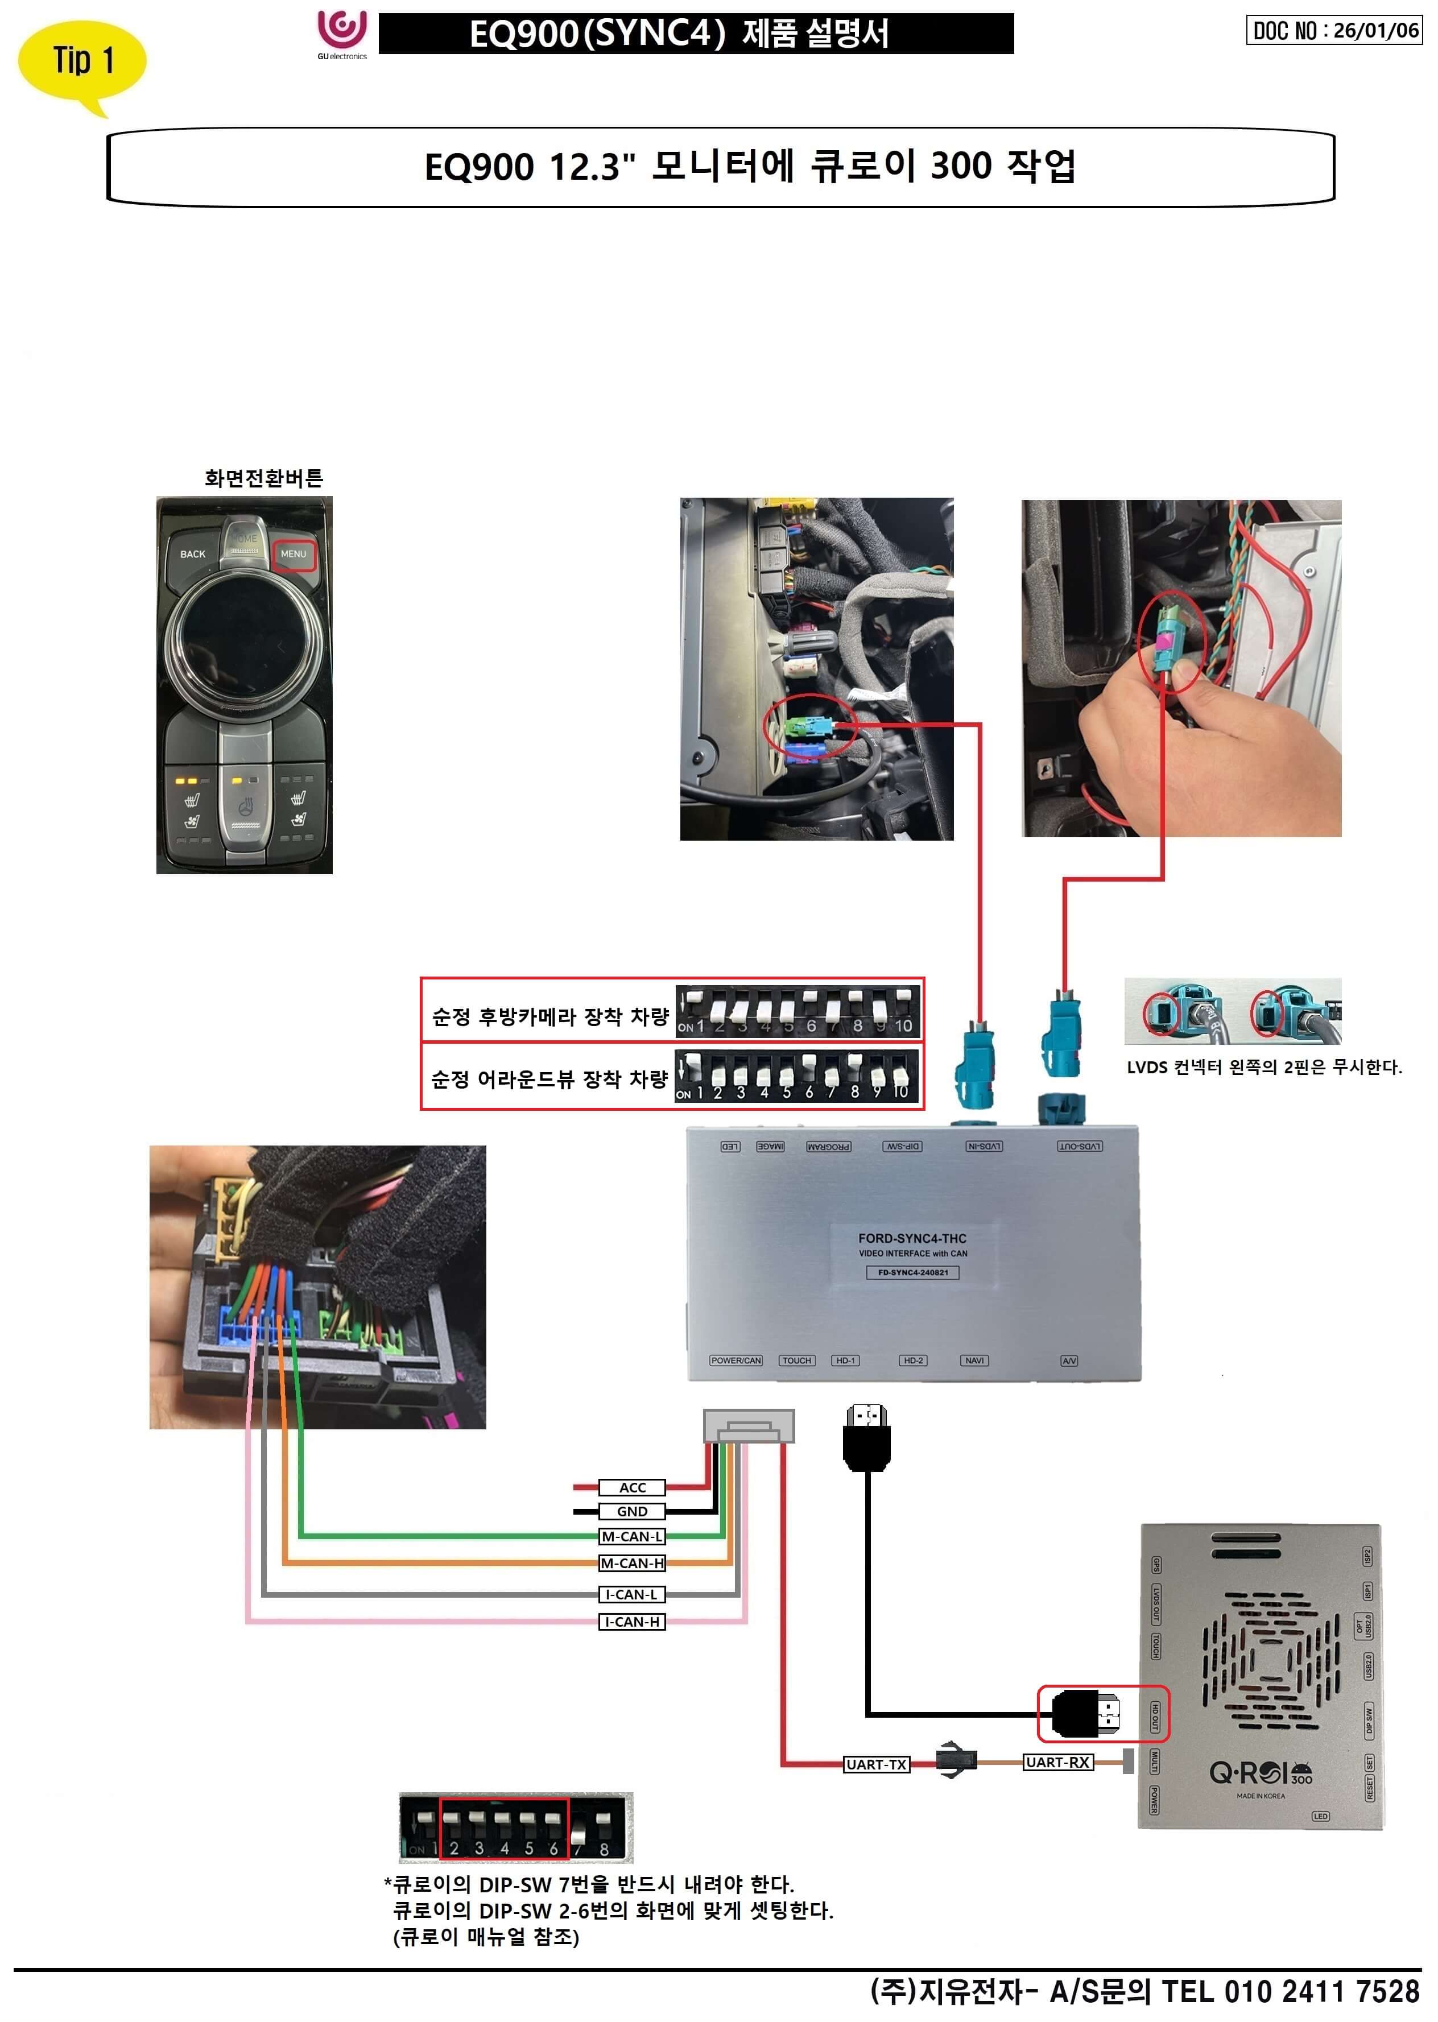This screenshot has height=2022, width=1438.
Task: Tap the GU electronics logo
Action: click(x=342, y=34)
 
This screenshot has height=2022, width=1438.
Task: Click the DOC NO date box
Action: click(x=1333, y=31)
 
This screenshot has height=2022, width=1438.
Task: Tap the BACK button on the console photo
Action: click(x=192, y=554)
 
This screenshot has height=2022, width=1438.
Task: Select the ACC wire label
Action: click(x=632, y=1487)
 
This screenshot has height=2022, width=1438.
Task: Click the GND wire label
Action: click(x=632, y=1511)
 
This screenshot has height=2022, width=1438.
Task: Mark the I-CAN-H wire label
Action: click(x=632, y=1622)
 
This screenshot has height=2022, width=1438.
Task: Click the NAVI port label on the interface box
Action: click(x=974, y=1361)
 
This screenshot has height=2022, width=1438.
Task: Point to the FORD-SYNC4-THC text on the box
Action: click(x=912, y=1239)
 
